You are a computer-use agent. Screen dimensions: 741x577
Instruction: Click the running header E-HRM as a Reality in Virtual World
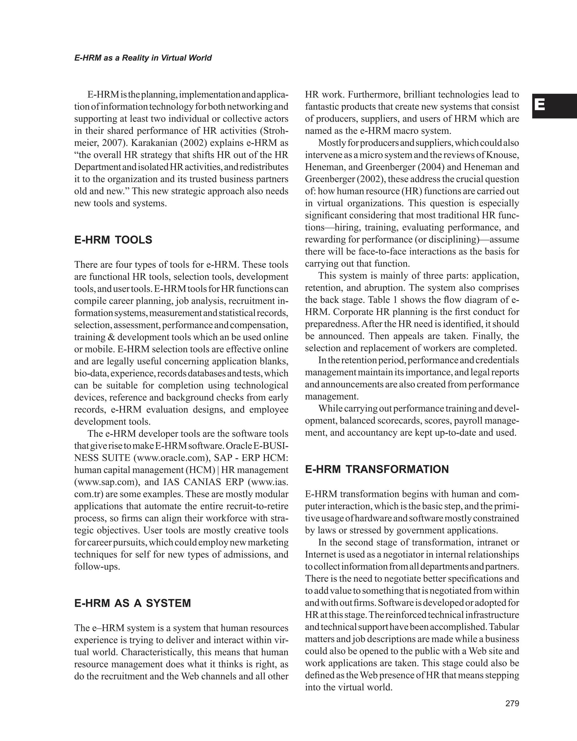pyautogui.click(x=143, y=58)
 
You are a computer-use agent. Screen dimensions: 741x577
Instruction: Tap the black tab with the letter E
pyautogui.click(x=554, y=106)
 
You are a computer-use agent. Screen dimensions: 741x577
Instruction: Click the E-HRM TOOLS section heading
pyautogui.click(x=113, y=240)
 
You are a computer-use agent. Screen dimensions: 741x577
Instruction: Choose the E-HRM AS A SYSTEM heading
pyautogui.click(x=132, y=603)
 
